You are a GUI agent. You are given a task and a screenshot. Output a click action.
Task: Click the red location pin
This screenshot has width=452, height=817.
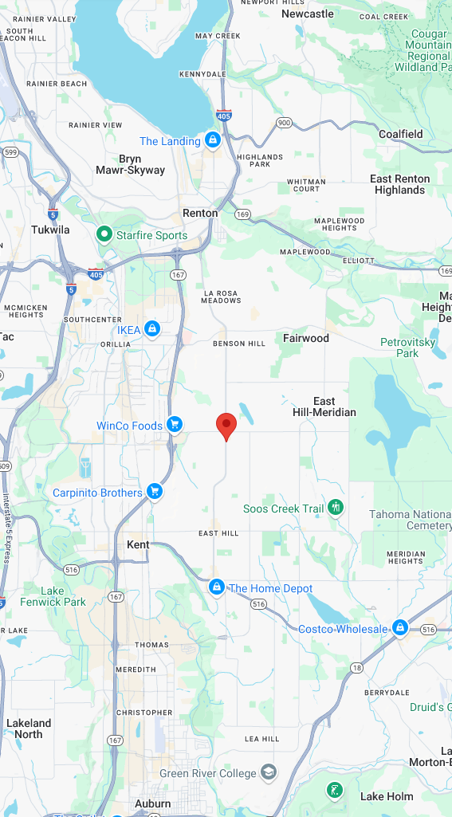click(226, 426)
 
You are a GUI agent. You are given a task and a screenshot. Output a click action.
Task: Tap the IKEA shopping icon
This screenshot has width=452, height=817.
click(151, 329)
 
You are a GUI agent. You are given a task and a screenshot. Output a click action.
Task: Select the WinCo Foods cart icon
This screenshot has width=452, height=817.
click(174, 425)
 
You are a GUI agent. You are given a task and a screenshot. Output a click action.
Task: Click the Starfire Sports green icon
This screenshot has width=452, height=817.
click(104, 234)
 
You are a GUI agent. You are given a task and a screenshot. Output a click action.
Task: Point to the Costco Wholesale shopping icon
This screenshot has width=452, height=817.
click(400, 628)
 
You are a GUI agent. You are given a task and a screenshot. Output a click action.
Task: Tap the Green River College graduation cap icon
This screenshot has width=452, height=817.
click(269, 772)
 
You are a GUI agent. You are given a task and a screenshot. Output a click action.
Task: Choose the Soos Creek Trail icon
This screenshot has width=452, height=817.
click(336, 508)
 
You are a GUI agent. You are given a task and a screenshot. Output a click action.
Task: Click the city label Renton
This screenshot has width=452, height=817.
click(200, 213)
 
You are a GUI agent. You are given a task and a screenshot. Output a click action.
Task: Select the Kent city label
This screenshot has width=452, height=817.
click(138, 544)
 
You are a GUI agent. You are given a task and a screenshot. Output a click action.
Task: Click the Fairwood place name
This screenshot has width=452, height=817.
click(305, 338)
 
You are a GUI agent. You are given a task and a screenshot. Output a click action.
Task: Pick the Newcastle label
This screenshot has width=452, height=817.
click(308, 14)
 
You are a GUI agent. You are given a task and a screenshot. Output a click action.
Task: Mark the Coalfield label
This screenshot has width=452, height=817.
click(400, 134)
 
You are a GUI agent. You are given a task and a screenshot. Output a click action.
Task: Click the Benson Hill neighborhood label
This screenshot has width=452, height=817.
click(238, 344)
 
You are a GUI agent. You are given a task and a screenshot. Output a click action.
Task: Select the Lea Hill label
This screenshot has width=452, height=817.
click(262, 739)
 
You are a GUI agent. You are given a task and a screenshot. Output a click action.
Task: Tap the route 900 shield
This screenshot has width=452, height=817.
click(284, 122)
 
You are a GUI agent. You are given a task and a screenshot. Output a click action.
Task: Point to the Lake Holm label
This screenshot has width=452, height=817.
click(387, 796)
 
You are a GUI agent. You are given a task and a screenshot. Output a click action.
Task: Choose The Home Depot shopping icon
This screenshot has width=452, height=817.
click(215, 587)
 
